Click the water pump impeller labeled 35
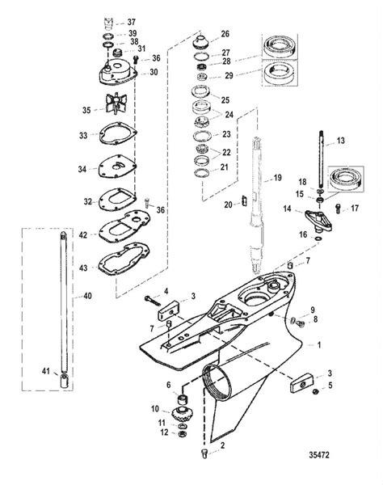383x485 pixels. coord(116,103)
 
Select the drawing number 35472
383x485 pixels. coord(319,455)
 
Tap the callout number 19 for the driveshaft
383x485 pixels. coord(277,178)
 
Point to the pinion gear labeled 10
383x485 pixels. coord(180,414)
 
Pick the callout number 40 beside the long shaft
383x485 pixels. coord(87,296)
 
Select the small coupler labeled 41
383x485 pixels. coord(65,381)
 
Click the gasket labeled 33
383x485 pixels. coord(118,133)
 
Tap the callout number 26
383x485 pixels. coord(225,34)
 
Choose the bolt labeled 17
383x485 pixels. coord(338,209)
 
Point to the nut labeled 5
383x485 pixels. coord(316,391)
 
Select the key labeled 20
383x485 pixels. coord(244,200)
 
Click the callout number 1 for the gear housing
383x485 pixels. coord(319,345)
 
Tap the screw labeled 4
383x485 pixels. coord(153,300)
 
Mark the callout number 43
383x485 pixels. coord(83,268)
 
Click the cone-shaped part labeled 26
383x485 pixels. coord(201,40)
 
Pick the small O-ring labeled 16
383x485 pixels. coord(318,238)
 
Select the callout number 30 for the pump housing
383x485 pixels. coord(154,72)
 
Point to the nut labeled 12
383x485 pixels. coord(182,433)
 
